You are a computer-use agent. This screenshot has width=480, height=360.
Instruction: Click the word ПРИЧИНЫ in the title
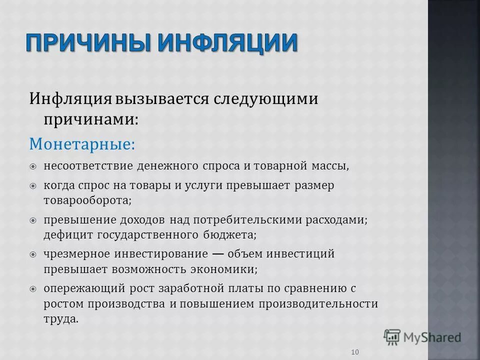coord(88,43)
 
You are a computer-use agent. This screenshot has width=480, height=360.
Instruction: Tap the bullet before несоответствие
coord(33,166)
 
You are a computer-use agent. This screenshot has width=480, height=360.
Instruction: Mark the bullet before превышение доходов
coord(33,220)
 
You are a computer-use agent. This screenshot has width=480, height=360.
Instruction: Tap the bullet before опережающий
coord(33,289)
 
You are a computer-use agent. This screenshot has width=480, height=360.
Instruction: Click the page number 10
coord(355,352)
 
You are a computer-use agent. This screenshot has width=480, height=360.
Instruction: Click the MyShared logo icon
coord(392,337)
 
